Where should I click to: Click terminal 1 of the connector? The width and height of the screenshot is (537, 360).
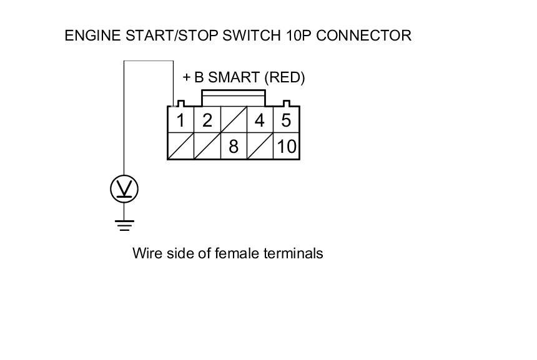click(x=180, y=120)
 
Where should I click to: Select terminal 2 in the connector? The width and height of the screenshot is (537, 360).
click(x=207, y=120)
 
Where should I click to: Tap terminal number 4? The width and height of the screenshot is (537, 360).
click(x=260, y=120)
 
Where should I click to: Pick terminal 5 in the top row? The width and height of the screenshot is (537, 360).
click(x=286, y=120)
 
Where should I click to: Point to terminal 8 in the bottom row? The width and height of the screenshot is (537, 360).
click(x=234, y=147)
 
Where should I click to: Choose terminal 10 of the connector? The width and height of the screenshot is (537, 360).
click(x=287, y=147)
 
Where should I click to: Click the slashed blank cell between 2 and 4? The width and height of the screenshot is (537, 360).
click(x=234, y=120)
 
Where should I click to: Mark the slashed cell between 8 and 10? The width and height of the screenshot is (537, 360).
click(x=260, y=147)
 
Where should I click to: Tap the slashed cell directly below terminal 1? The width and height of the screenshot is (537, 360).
click(x=180, y=147)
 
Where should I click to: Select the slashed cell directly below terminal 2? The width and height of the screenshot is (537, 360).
click(x=207, y=147)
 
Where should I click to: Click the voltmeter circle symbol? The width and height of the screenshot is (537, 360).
click(x=124, y=189)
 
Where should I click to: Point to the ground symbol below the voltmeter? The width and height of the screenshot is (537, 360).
click(x=124, y=225)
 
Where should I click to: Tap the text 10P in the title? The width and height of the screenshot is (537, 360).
click(x=299, y=36)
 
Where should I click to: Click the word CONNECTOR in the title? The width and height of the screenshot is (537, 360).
click(x=364, y=36)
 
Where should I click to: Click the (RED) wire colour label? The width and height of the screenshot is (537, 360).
click(x=285, y=77)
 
